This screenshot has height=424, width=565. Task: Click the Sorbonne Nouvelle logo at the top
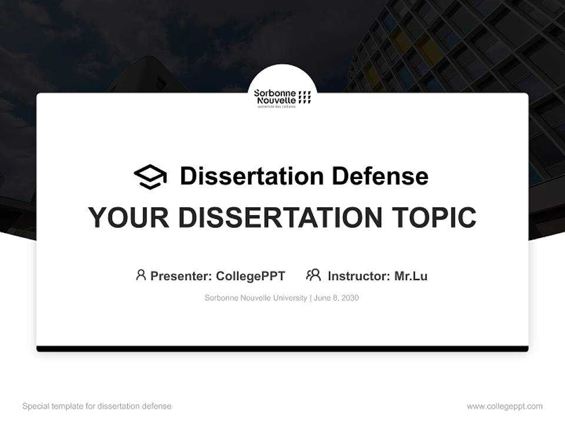(x=282, y=97)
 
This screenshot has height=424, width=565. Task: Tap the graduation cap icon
(x=150, y=176)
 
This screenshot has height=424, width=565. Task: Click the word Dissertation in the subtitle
(x=251, y=176)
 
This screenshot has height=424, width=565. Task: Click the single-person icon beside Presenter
(x=141, y=275)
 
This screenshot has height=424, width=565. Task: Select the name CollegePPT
(x=251, y=276)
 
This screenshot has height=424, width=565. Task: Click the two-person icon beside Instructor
(x=313, y=275)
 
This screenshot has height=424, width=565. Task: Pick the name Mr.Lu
(x=411, y=276)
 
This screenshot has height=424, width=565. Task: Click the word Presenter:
(x=181, y=276)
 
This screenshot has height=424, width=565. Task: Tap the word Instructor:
(x=358, y=276)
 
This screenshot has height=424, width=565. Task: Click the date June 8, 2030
(x=336, y=298)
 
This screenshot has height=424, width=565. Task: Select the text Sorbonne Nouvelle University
(x=255, y=298)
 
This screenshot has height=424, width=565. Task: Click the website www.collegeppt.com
(x=504, y=406)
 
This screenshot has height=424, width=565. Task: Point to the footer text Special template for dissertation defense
(x=97, y=406)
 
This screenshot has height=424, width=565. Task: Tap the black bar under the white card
(x=282, y=349)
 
